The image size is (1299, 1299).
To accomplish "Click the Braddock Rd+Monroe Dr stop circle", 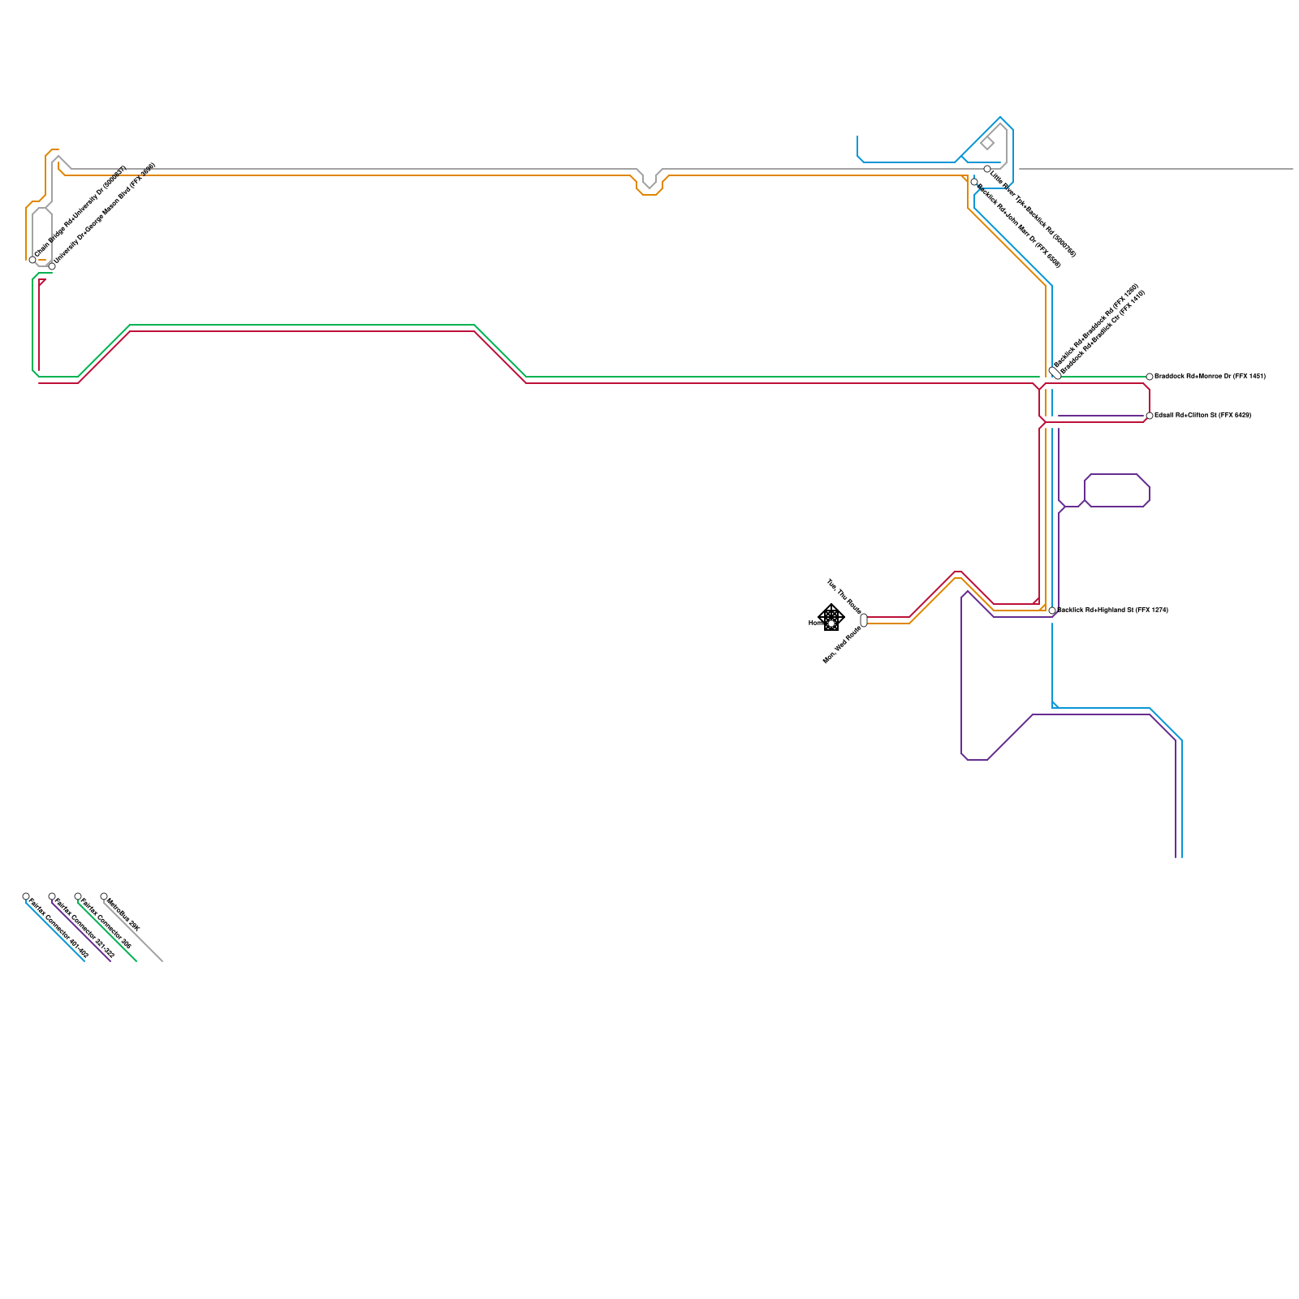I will click(x=1150, y=377).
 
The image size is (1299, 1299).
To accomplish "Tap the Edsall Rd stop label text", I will click(x=1202, y=416).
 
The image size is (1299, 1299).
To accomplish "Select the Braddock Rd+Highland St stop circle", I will click(x=1052, y=611).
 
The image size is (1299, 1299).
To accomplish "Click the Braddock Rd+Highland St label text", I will click(x=1112, y=610).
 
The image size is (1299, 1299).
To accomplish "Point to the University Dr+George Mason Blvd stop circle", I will click(x=52, y=266).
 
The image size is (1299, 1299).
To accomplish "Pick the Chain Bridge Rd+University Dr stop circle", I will click(x=32, y=260).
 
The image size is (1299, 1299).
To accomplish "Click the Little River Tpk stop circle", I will click(x=987, y=169).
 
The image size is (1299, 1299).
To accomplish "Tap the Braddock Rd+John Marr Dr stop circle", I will click(x=974, y=182).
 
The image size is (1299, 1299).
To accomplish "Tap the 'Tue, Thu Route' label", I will click(x=844, y=596).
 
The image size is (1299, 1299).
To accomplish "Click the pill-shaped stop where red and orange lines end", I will click(x=864, y=620).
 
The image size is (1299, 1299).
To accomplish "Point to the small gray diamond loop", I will click(x=987, y=144).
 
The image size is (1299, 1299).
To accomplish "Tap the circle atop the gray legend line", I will click(x=104, y=896).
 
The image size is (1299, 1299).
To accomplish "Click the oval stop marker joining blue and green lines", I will click(x=1055, y=373).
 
